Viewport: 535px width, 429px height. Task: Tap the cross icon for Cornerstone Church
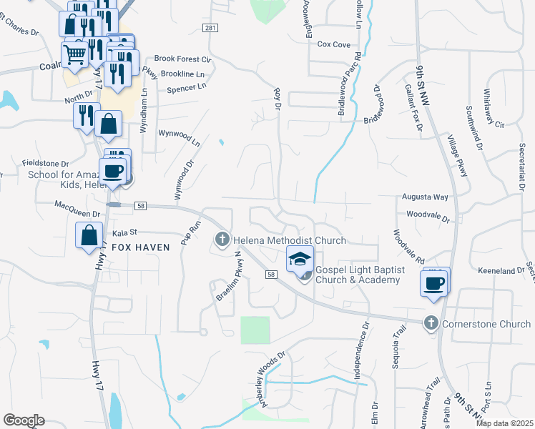431,323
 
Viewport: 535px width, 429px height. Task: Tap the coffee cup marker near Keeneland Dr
435,282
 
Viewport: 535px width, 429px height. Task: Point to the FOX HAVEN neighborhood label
141,247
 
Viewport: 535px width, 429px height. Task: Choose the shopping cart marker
75,53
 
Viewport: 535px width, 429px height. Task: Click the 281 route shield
210,27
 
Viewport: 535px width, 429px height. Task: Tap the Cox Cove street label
333,44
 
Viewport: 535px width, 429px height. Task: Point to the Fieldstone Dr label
45,163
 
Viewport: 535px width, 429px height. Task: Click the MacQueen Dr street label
77,204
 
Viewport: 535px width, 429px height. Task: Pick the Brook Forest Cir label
182,59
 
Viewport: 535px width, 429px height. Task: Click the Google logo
24,420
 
